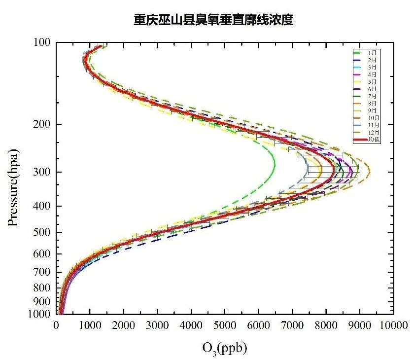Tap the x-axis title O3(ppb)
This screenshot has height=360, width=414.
(x=224, y=348)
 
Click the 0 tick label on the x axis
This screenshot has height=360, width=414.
(x=56, y=325)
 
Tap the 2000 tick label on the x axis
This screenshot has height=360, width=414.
(x=123, y=325)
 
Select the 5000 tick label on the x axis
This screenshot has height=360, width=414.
(x=225, y=325)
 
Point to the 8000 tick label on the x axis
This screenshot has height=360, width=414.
(x=326, y=325)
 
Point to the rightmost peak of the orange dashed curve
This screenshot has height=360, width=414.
(x=370, y=172)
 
